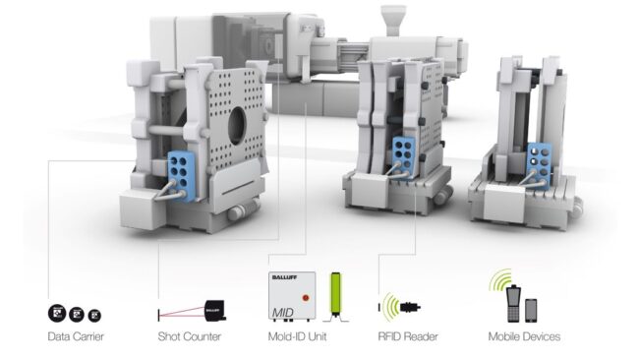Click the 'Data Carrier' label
pyautogui.click(x=77, y=337)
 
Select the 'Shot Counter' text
pyautogui.click(x=190, y=337)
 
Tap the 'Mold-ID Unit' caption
pyautogui.click(x=298, y=337)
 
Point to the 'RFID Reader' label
pyautogui.click(x=407, y=337)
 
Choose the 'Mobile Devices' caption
pyautogui.click(x=524, y=337)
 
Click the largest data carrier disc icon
pyautogui.click(x=57, y=314)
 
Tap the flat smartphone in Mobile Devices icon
pyautogui.click(x=532, y=309)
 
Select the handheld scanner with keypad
pyautogui.click(x=511, y=301)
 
